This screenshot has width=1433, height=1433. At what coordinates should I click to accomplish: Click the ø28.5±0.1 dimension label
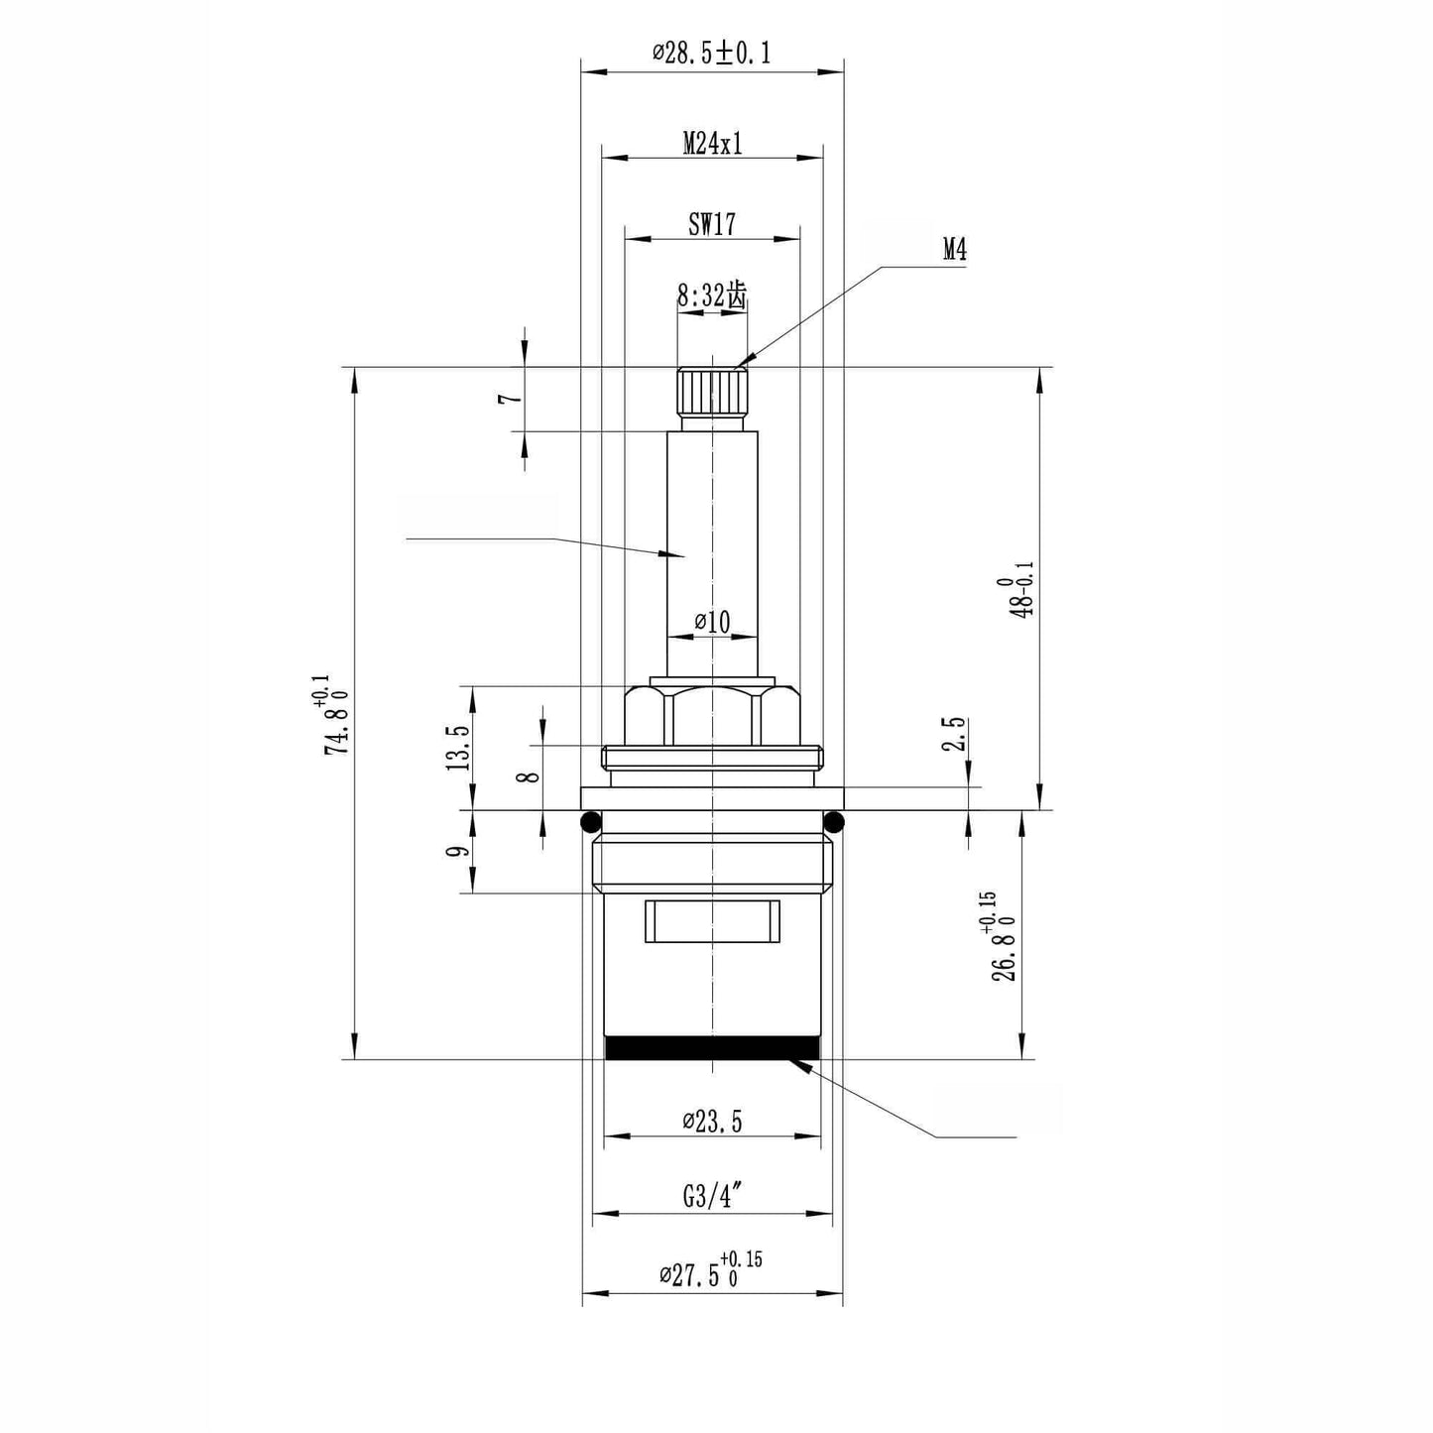711,53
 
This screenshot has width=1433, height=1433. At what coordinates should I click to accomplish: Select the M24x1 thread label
712,144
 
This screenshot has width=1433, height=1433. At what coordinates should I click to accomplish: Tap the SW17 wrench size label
712,224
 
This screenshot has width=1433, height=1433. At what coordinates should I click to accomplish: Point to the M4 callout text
954,250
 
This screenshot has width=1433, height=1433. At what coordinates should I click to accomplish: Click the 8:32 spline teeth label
711,295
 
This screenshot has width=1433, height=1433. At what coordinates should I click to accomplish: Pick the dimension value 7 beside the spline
510,398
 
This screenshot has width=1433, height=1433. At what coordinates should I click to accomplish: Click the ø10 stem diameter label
712,622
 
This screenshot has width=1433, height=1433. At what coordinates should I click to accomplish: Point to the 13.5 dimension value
457,747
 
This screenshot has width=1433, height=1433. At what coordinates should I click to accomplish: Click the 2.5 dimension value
954,735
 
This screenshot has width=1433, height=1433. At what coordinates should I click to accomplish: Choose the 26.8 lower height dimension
1003,937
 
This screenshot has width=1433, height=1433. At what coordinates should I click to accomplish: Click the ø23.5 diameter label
712,1122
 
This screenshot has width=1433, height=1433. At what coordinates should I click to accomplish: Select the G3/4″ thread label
712,1197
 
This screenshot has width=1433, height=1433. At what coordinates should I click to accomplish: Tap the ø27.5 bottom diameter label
711,1271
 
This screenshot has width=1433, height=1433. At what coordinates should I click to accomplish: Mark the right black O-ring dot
833,821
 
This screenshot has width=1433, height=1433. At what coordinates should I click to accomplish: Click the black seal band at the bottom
712,1047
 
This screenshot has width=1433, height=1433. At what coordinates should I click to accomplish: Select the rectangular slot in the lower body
711,921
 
